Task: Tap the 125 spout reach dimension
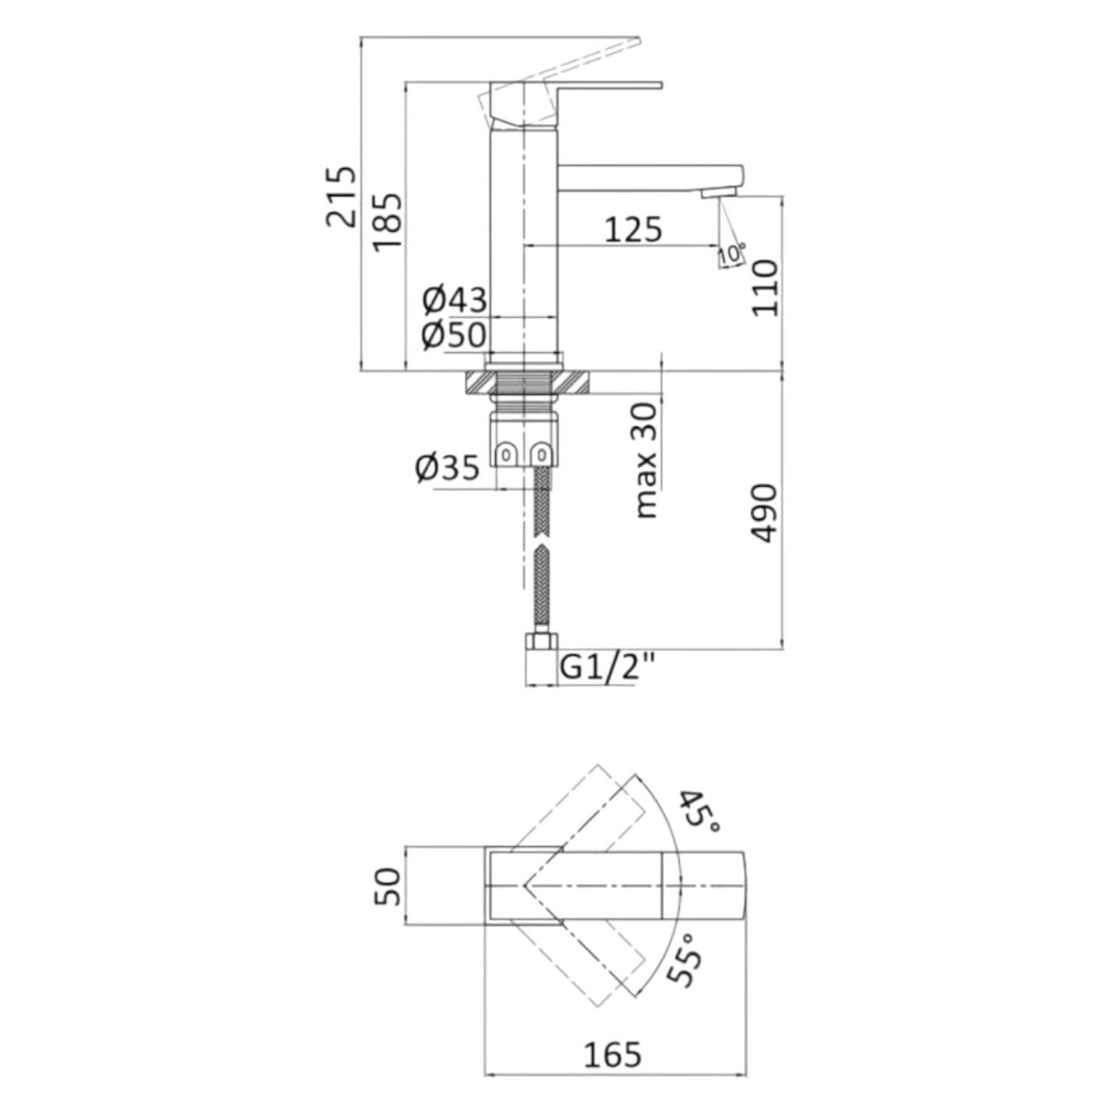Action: click(x=633, y=229)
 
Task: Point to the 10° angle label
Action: click(x=732, y=254)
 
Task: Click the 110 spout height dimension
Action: click(x=765, y=288)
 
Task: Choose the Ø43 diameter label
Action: click(x=454, y=300)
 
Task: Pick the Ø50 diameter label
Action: click(x=454, y=334)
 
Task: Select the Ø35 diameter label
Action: click(x=447, y=467)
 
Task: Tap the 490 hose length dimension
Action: click(x=765, y=513)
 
